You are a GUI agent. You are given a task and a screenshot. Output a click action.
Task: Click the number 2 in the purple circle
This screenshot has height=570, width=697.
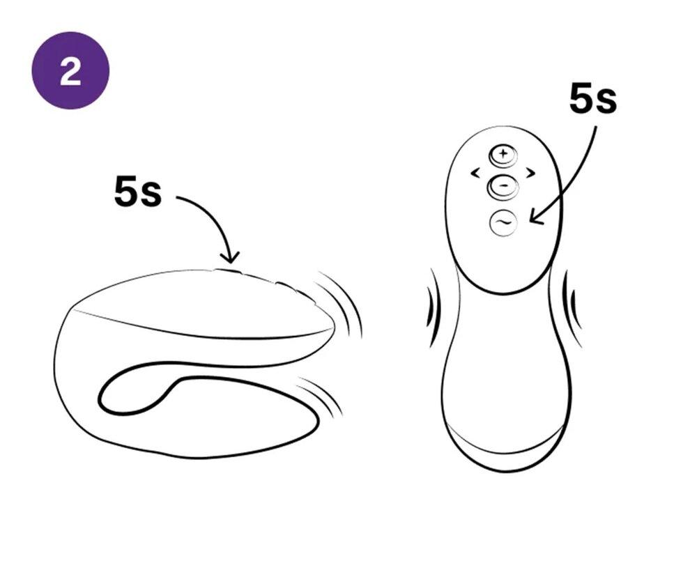pos(70,70)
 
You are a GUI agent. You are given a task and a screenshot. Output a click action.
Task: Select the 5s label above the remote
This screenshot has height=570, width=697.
pos(593,98)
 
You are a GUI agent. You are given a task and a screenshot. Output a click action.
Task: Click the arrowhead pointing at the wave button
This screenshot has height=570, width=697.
pos(535,219)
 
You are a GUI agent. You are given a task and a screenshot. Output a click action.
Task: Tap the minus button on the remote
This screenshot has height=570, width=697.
pos(503,186)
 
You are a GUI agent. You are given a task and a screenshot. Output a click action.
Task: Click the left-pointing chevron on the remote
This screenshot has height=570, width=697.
pos(475,172)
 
